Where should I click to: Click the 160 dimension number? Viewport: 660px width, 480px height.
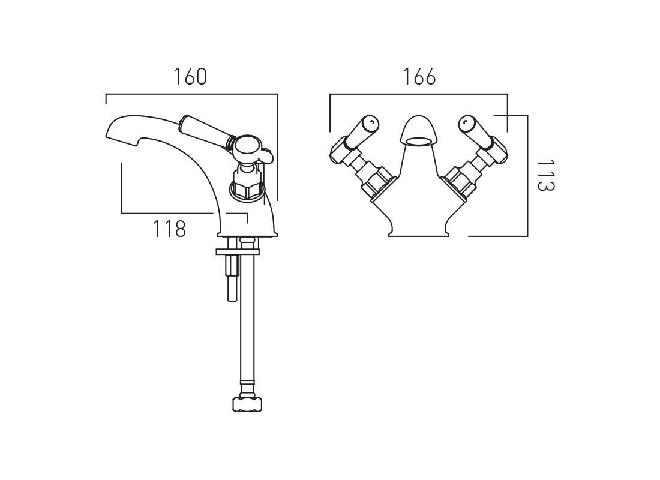click(x=190, y=77)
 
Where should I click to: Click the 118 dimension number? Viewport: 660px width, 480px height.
click(x=169, y=229)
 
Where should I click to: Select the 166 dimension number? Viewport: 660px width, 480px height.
click(x=419, y=77)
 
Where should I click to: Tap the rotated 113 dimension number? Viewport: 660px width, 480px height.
click(x=546, y=175)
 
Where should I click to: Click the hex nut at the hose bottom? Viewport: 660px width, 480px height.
click(x=247, y=404)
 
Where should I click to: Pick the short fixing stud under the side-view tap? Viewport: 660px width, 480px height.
click(x=232, y=278)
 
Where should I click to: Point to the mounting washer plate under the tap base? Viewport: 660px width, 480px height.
click(x=237, y=251)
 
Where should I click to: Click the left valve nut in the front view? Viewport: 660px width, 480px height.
click(x=373, y=182)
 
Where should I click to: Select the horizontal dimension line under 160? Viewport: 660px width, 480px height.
click(x=191, y=94)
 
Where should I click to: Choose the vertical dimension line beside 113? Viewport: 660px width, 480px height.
click(x=527, y=176)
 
